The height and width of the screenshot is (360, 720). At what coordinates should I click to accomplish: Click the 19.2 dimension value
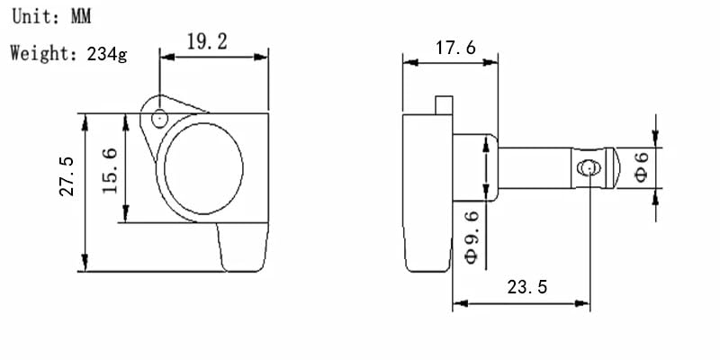click(207, 42)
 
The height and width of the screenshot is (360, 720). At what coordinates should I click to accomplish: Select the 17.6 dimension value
click(455, 48)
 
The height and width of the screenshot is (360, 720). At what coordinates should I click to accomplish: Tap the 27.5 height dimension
click(67, 176)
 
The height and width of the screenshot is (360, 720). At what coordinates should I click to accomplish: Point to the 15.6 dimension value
click(110, 170)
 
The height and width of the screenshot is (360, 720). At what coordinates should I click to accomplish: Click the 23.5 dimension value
click(527, 287)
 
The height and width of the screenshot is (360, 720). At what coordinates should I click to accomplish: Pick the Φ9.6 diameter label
click(471, 237)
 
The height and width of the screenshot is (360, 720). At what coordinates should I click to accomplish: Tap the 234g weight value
click(107, 54)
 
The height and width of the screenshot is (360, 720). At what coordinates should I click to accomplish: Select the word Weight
click(40, 53)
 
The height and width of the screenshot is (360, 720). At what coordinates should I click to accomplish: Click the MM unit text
click(81, 16)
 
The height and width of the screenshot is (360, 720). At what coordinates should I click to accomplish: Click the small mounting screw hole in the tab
click(159, 119)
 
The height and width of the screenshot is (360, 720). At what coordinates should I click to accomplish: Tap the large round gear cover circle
click(203, 168)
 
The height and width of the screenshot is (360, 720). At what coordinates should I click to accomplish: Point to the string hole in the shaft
click(589, 168)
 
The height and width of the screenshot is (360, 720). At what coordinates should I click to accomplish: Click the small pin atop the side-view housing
click(444, 105)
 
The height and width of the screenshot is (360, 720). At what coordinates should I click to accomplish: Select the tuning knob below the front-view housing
click(242, 247)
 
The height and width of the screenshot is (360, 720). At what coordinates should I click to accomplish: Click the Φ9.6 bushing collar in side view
click(475, 167)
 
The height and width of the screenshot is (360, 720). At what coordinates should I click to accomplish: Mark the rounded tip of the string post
click(613, 168)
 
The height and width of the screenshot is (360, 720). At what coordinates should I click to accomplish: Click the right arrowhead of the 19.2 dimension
click(260, 57)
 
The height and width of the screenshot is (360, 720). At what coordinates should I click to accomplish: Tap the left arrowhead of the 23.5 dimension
click(461, 303)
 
